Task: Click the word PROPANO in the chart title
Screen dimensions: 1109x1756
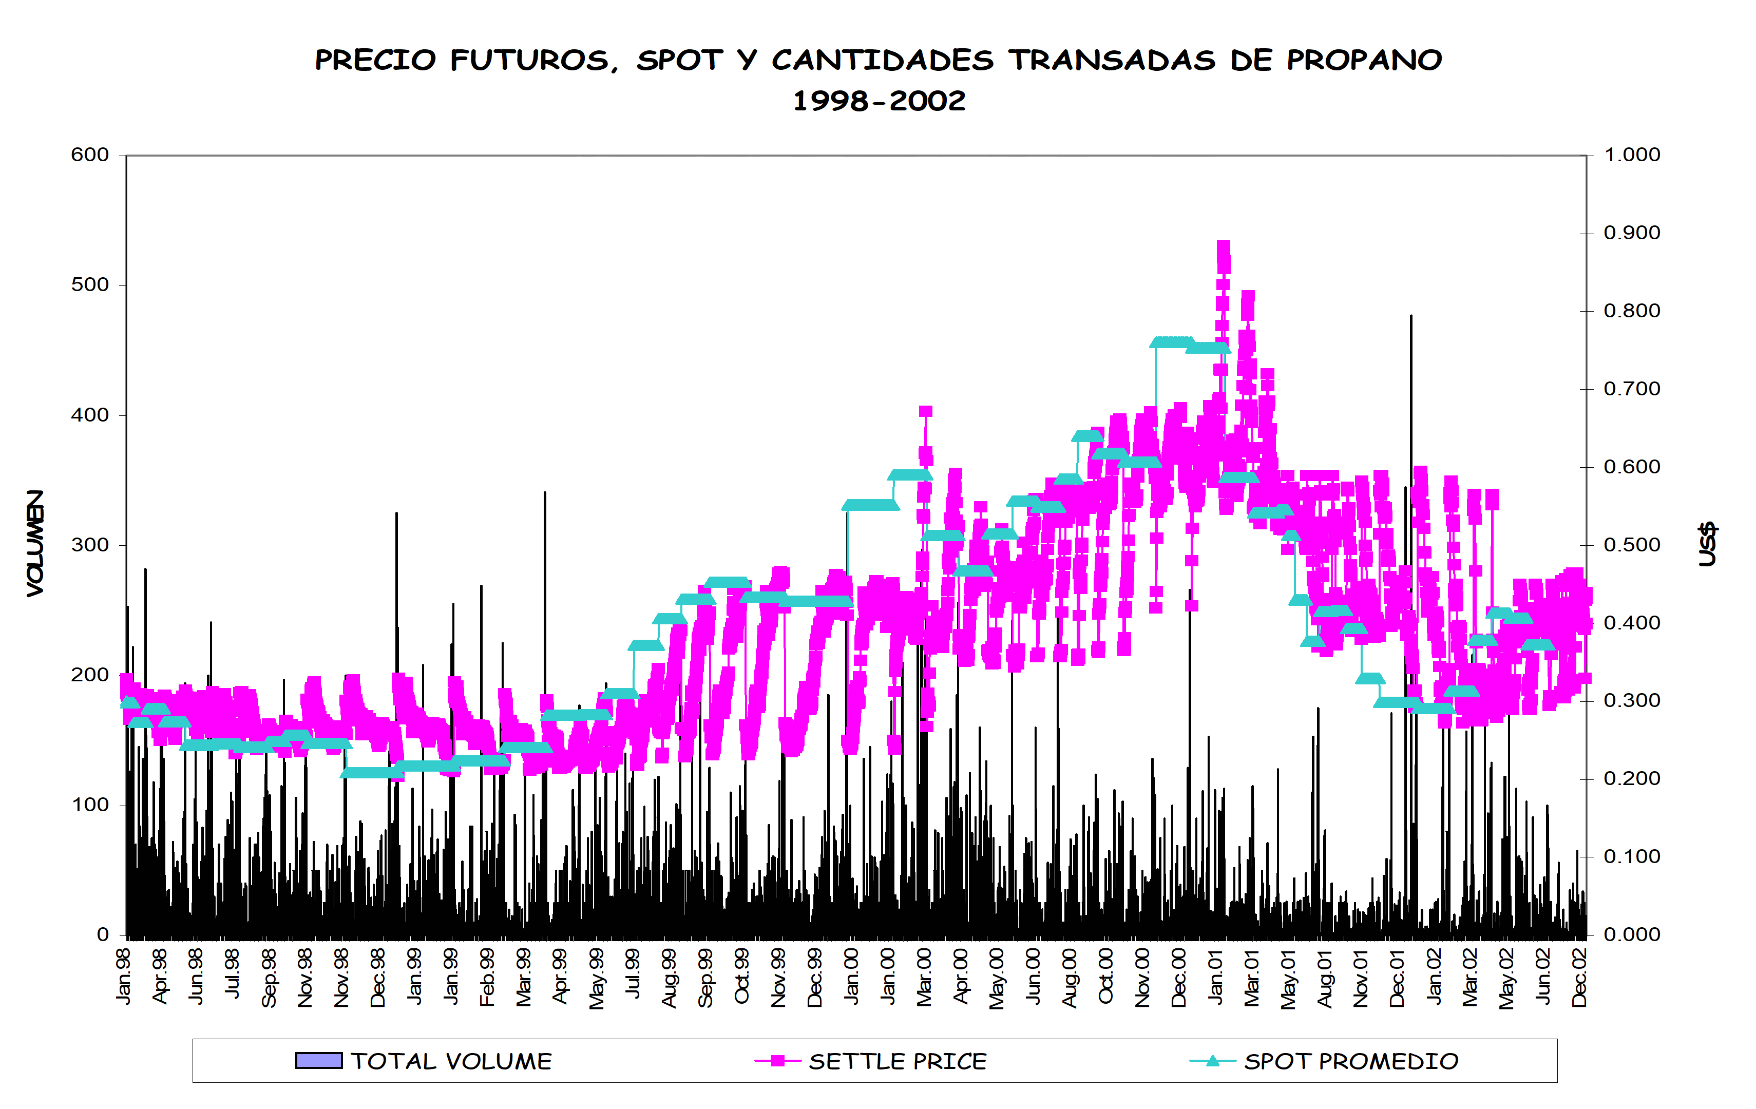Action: tap(1364, 60)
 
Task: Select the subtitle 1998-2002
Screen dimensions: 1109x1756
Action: tap(879, 101)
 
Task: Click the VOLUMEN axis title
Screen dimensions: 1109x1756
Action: tap(35, 543)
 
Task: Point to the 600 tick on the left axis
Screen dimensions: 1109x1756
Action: tap(90, 155)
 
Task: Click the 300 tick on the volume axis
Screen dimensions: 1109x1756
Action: tap(90, 545)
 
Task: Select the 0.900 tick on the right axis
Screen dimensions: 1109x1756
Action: tap(1631, 233)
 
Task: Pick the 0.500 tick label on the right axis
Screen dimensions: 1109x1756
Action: tap(1631, 545)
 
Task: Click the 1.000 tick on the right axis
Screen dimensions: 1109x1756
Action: tap(1631, 155)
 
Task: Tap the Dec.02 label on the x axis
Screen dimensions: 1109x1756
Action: tap(1579, 977)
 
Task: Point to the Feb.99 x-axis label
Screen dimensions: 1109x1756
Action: tap(487, 977)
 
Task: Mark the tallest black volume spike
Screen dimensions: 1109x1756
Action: tap(1411, 318)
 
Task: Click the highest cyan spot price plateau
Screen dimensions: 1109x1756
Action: tap(1172, 342)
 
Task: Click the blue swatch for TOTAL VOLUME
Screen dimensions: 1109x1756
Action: tap(319, 1060)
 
